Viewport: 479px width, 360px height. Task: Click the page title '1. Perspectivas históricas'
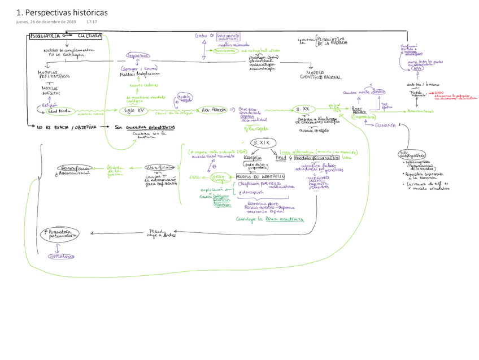pos(62,12)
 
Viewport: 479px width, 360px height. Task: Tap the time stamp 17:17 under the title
pos(92,22)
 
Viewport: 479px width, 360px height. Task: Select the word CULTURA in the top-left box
pos(89,36)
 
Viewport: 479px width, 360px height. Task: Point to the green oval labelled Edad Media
pos(55,111)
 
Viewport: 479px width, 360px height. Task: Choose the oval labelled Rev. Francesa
pos(210,111)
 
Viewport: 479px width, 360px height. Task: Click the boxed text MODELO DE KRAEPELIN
pos(260,177)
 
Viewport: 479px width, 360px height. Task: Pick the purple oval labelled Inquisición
pos(138,56)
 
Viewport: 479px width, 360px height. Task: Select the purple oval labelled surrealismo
pos(62,256)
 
